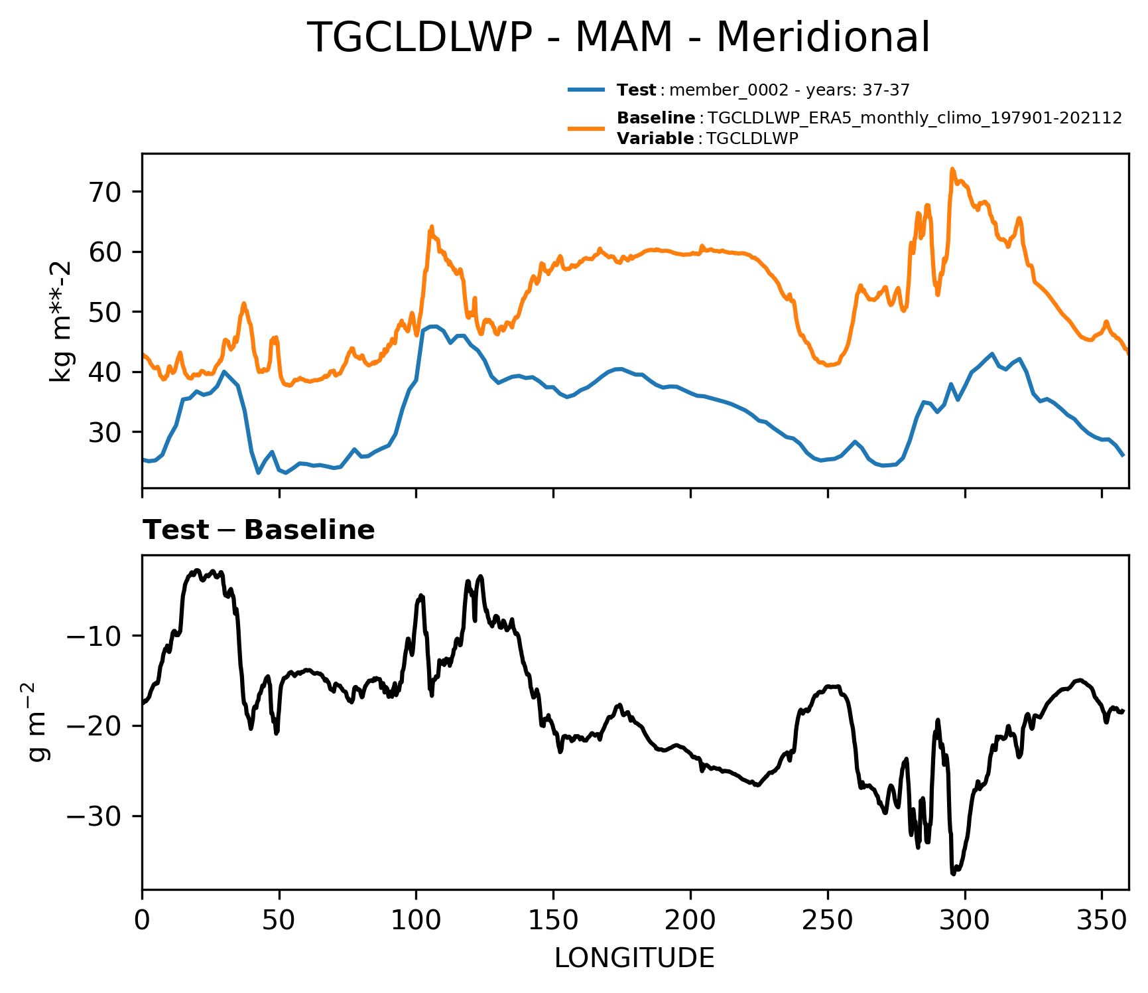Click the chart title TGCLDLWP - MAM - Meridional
coord(619,38)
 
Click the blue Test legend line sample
coord(586,90)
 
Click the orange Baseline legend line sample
coord(586,128)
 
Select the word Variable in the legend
coord(655,139)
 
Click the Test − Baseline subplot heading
coord(259,530)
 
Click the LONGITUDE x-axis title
coord(635,958)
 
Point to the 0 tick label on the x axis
coord(142,921)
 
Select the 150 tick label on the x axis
coord(553,921)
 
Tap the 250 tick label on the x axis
coord(828,921)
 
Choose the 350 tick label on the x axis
coord(1102,921)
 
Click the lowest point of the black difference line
coord(953,874)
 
